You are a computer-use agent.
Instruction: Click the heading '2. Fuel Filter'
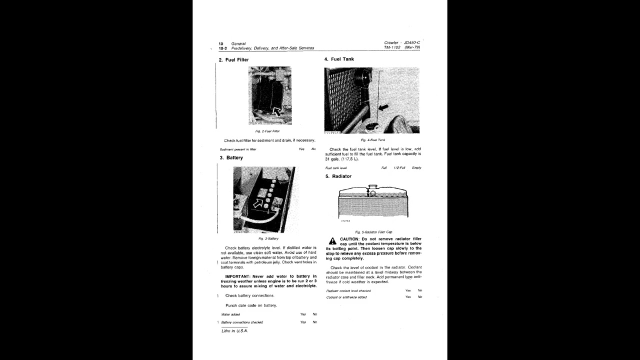click(x=233, y=60)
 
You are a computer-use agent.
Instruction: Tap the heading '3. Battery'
click(x=231, y=158)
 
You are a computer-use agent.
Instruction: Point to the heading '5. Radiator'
click(x=338, y=176)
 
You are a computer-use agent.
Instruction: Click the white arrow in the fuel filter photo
click(x=276, y=110)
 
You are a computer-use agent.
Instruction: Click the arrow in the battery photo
click(x=258, y=202)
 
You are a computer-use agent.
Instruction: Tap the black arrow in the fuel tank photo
click(x=383, y=107)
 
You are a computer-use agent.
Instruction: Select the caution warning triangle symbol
click(x=332, y=241)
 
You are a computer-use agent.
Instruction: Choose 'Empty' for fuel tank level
click(x=416, y=168)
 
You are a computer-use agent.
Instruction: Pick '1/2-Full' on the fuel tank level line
click(x=399, y=168)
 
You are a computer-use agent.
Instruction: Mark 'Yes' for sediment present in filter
click(x=301, y=149)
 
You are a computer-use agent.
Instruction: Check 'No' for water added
click(x=315, y=314)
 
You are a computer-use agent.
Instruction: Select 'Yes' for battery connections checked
click(x=303, y=322)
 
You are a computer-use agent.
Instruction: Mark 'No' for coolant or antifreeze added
click(x=420, y=297)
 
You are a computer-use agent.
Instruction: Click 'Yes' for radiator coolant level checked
click(x=408, y=290)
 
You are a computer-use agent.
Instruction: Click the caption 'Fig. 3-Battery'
click(x=268, y=238)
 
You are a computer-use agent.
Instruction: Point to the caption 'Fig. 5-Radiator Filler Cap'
click(x=373, y=232)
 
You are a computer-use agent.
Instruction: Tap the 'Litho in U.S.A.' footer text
click(x=234, y=330)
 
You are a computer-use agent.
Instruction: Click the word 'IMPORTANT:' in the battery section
click(x=238, y=276)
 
